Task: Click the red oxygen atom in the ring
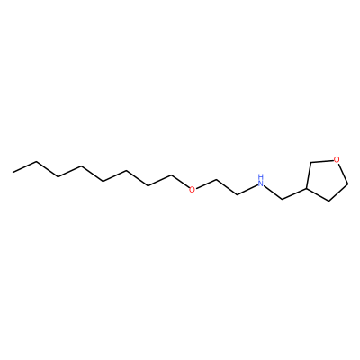pos(337,160)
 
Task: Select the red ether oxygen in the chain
pos(192,189)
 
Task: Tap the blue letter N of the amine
pos(261,183)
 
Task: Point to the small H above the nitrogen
pos(261,176)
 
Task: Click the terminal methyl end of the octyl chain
pos(13,173)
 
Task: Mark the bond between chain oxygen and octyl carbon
pos(180,182)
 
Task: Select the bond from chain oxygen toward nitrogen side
pos(205,184)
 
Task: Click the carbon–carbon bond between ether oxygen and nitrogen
pos(227,188)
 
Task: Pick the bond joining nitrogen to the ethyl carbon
pos(247,190)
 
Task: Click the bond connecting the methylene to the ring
pos(294,193)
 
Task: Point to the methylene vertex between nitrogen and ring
pos(283,199)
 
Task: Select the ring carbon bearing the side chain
pos(306,188)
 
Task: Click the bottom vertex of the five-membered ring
pos(329,201)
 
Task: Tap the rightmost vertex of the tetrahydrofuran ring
pos(348,184)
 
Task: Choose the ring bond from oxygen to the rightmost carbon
pos(344,174)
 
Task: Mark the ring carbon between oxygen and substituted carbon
pos(311,163)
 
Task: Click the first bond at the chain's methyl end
pos(24,167)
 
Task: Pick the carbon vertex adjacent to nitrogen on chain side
pos(238,195)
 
